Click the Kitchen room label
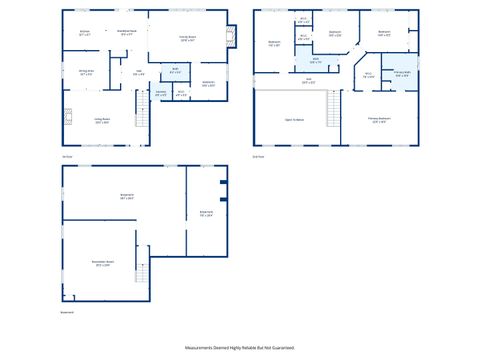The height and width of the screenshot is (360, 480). (x=84, y=33)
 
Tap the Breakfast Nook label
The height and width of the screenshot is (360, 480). (x=127, y=33)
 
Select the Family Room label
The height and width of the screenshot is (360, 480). (x=187, y=39)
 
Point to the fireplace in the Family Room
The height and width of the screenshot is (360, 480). (x=232, y=37)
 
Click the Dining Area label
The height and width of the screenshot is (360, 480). (x=86, y=72)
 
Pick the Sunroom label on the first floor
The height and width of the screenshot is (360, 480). (x=208, y=84)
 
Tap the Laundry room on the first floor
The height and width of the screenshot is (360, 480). (x=161, y=94)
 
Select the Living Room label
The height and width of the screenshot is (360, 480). (x=101, y=120)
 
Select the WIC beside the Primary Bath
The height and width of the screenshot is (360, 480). (x=368, y=75)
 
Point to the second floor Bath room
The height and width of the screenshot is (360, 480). (x=315, y=62)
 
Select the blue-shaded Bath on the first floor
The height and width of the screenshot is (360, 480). (x=175, y=73)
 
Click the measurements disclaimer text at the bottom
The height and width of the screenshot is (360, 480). (x=240, y=347)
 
